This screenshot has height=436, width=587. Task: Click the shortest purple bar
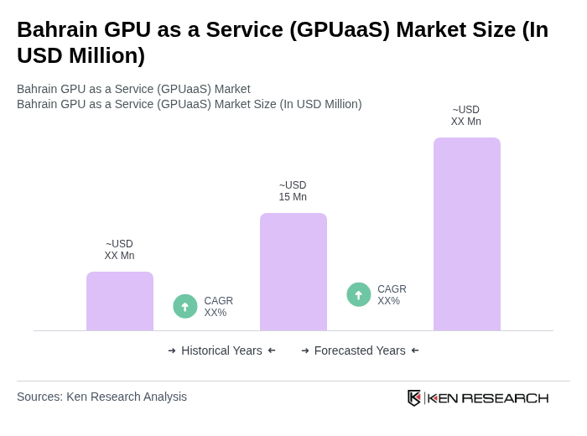coord(120,301)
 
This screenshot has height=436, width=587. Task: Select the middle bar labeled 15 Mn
coord(293,272)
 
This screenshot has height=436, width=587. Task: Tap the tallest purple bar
coord(467,234)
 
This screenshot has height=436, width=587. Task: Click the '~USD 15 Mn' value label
coord(293,191)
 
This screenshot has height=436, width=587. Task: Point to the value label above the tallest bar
coord(466,116)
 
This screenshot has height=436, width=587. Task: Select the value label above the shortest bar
coord(119,250)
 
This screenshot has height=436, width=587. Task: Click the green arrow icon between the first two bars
coord(185,306)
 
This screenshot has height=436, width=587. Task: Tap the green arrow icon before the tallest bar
coord(359,294)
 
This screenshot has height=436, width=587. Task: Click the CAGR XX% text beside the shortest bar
coord(218,307)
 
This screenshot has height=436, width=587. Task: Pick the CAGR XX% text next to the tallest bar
coord(392,295)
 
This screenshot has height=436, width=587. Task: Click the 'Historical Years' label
coord(221,350)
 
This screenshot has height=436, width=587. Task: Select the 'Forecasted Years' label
coord(360,350)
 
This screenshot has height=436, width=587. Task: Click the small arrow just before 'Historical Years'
coord(172,350)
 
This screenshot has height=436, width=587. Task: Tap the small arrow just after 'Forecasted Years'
coord(415,350)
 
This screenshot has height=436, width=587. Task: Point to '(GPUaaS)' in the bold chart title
coord(340,29)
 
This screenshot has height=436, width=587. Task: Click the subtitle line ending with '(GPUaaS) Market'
coord(133,89)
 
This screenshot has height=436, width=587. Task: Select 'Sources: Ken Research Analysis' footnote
coord(101,397)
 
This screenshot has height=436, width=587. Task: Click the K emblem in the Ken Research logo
coord(414,397)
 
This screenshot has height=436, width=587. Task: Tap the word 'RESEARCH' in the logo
coord(505,397)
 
